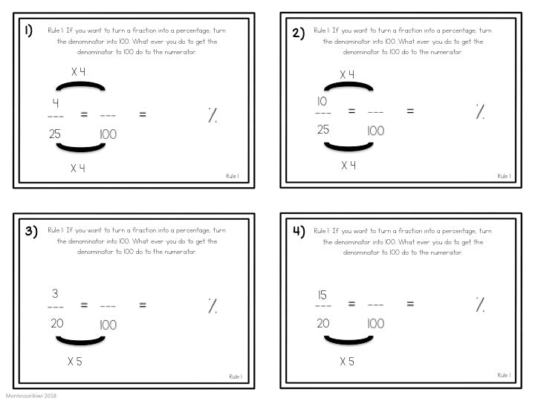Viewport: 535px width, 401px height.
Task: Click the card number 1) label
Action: [x=29, y=30]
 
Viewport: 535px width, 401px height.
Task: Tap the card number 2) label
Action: [x=298, y=33]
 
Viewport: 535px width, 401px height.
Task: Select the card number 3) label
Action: [x=31, y=231]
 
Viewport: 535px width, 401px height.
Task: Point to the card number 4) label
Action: [x=299, y=231]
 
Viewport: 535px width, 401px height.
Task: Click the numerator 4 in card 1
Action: [x=56, y=102]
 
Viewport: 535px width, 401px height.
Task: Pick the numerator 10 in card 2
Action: [x=322, y=101]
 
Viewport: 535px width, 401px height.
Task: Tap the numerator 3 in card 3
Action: [x=55, y=293]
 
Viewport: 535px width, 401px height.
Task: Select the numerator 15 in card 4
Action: [x=322, y=295]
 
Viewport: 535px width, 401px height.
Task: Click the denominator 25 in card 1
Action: [x=54, y=134]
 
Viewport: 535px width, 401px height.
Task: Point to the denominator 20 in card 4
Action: [x=323, y=323]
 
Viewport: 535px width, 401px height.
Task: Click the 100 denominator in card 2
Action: [x=376, y=131]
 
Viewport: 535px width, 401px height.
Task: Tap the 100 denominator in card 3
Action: [x=108, y=325]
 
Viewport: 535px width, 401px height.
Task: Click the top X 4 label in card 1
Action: [x=79, y=71]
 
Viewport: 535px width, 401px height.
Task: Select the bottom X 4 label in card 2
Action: [x=348, y=166]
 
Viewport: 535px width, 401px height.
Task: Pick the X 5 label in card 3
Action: [x=75, y=362]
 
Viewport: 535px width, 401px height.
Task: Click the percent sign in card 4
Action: [x=480, y=304]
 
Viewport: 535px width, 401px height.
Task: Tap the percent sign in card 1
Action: [x=213, y=115]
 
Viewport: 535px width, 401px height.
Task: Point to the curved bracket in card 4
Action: [x=348, y=341]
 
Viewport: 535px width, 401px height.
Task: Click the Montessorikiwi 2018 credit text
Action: [x=30, y=396]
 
